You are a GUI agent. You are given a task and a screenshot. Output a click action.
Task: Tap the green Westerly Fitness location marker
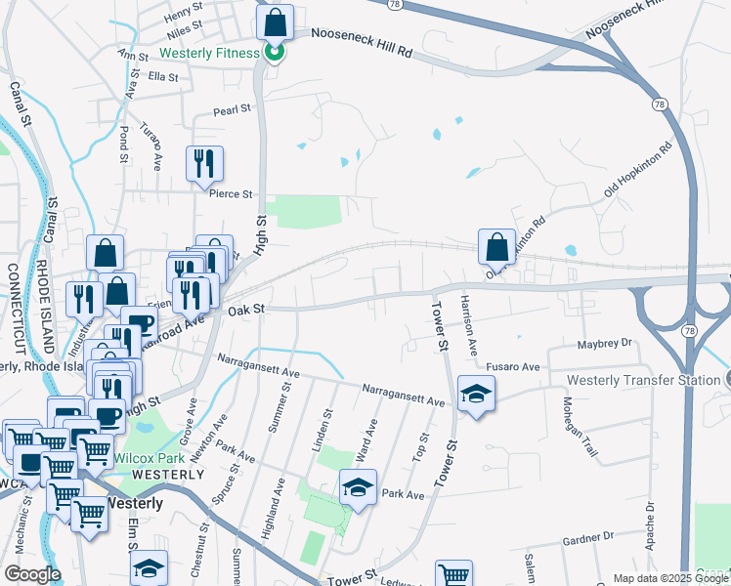275,52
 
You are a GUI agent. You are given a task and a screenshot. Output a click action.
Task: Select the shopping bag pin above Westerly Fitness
275,21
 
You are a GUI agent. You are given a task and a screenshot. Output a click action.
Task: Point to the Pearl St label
233,110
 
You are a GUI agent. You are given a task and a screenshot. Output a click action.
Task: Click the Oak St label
246,310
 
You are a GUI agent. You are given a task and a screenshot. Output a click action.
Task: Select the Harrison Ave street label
470,322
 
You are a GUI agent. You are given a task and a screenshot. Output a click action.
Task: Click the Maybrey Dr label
606,344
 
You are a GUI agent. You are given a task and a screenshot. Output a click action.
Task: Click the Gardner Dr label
587,537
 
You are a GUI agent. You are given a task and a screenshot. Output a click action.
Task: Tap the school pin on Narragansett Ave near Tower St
476,394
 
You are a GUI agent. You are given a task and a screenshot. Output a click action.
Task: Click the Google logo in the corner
32,574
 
